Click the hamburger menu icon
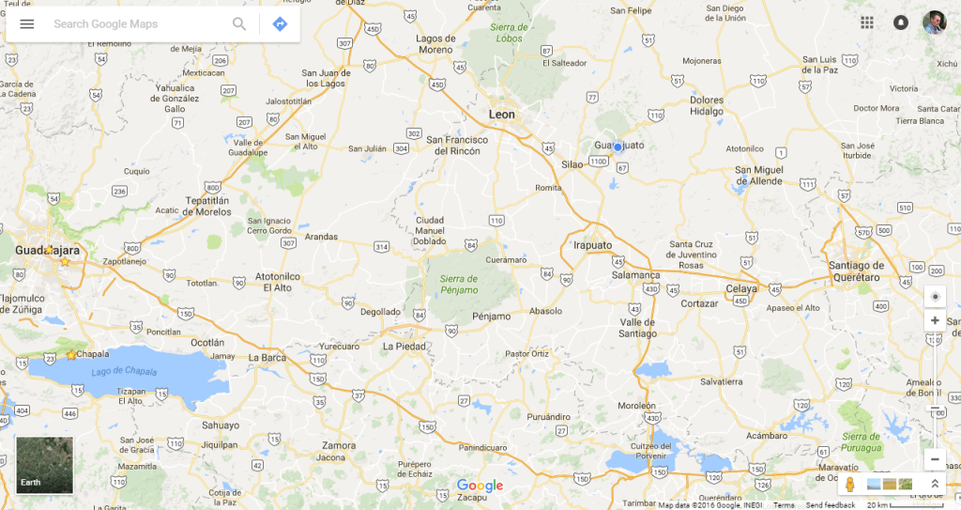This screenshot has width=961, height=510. pyautogui.click(x=27, y=23)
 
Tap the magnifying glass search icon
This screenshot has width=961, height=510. pyautogui.click(x=239, y=23)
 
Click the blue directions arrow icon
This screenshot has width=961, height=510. pyautogui.click(x=280, y=23)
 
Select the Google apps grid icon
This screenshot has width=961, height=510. pyautogui.click(x=867, y=23)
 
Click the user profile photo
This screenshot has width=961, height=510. pyautogui.click(x=934, y=23)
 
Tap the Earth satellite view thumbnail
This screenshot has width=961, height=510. pyautogui.click(x=44, y=465)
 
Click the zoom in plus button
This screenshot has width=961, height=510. pyautogui.click(x=935, y=321)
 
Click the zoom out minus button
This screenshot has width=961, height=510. pyautogui.click(x=935, y=459)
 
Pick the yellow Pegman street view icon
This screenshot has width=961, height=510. pyautogui.click(x=849, y=484)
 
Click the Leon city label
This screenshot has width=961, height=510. pyautogui.click(x=502, y=115)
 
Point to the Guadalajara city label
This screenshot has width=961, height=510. pyautogui.click(x=47, y=251)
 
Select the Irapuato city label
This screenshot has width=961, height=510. pyautogui.click(x=592, y=245)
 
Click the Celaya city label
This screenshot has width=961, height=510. pyautogui.click(x=741, y=288)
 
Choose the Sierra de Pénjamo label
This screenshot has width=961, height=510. pyautogui.click(x=459, y=285)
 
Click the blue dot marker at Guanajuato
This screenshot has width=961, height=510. pyautogui.click(x=618, y=147)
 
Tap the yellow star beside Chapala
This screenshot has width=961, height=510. pyautogui.click(x=71, y=355)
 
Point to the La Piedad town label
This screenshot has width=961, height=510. pyautogui.click(x=405, y=346)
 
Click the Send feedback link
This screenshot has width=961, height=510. pyautogui.click(x=830, y=505)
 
